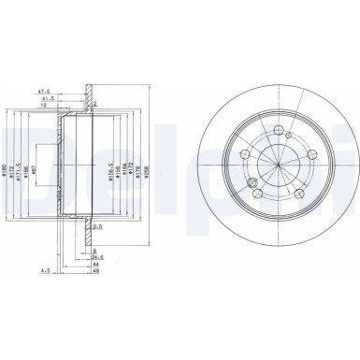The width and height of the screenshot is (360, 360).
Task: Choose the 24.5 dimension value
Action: (x=96, y=257)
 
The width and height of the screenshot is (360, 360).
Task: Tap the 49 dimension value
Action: (x=96, y=274)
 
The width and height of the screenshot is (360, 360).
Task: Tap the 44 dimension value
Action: (x=96, y=266)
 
